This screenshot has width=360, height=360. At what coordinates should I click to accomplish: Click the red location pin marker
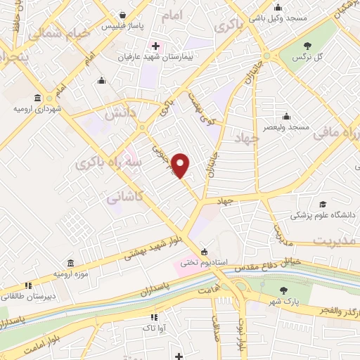[181, 165]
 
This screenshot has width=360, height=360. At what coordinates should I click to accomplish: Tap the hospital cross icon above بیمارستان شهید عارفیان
[156, 46]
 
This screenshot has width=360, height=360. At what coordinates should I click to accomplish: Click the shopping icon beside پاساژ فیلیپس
[124, 15]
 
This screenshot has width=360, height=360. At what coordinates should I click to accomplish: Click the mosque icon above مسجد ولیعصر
[287, 116]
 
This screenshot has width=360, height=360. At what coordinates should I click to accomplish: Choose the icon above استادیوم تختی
[205, 252]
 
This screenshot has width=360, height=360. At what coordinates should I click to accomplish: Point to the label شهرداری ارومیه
[37, 110]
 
